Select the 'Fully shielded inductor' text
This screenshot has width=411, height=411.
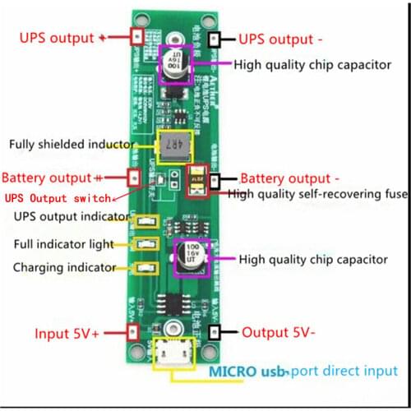(72, 145)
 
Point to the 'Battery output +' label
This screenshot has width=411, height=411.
(53, 178)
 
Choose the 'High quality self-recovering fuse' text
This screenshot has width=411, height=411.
(317, 194)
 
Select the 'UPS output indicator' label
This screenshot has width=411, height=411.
(72, 216)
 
